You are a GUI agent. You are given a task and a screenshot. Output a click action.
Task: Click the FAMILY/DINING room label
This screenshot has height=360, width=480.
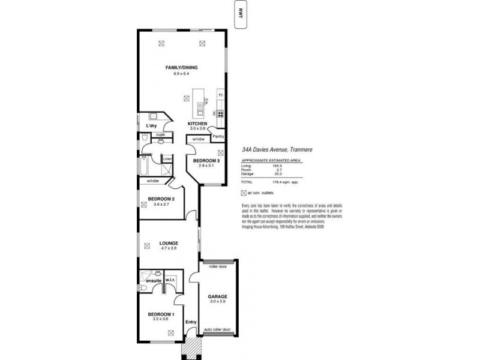[x=181, y=68]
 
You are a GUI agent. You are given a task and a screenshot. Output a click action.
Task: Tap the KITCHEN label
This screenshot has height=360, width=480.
[x=197, y=124]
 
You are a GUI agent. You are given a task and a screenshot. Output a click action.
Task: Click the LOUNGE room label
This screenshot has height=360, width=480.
[x=169, y=243]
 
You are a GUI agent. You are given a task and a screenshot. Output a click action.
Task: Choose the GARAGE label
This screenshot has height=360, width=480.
[x=217, y=296]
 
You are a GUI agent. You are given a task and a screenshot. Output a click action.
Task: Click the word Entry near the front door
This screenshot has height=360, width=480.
[x=191, y=322]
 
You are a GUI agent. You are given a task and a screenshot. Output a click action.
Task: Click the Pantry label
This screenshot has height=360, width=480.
[x=218, y=136]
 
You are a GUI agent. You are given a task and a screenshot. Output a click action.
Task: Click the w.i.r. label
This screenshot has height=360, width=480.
[x=170, y=279]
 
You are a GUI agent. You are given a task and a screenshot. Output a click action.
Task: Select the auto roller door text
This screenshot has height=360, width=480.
[x=217, y=329]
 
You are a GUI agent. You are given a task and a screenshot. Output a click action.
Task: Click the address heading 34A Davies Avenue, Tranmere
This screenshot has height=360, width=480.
[x=276, y=152]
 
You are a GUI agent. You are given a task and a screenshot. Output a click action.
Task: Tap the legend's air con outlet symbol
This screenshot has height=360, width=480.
[x=243, y=193]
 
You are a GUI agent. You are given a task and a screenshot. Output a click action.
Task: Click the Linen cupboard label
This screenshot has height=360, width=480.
[x=168, y=158]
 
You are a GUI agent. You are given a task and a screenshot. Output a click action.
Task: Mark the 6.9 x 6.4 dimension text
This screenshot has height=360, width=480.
[x=181, y=73]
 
